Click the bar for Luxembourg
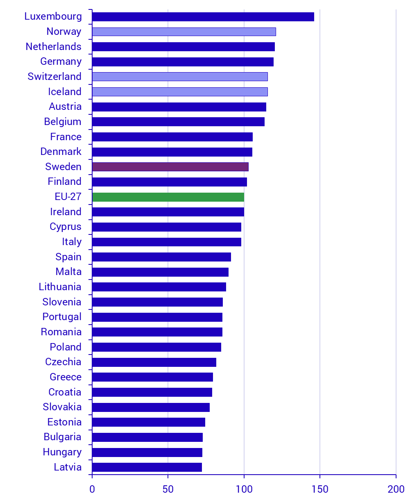(203, 17)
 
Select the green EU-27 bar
(168, 197)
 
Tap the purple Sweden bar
(170, 167)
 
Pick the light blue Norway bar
(184, 32)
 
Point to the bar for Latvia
(147, 467)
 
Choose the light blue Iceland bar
(180, 92)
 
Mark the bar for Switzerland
(180, 77)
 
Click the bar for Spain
(161, 257)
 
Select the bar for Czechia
(154, 362)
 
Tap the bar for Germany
(183, 62)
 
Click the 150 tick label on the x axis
(320, 489)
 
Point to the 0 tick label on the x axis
(92, 489)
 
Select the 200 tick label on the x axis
(396, 489)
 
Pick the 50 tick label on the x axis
(168, 489)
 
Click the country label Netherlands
(54, 47)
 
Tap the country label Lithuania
(60, 287)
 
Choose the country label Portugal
(62, 317)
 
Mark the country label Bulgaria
(63, 437)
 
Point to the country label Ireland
(66, 212)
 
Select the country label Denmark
(61, 152)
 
